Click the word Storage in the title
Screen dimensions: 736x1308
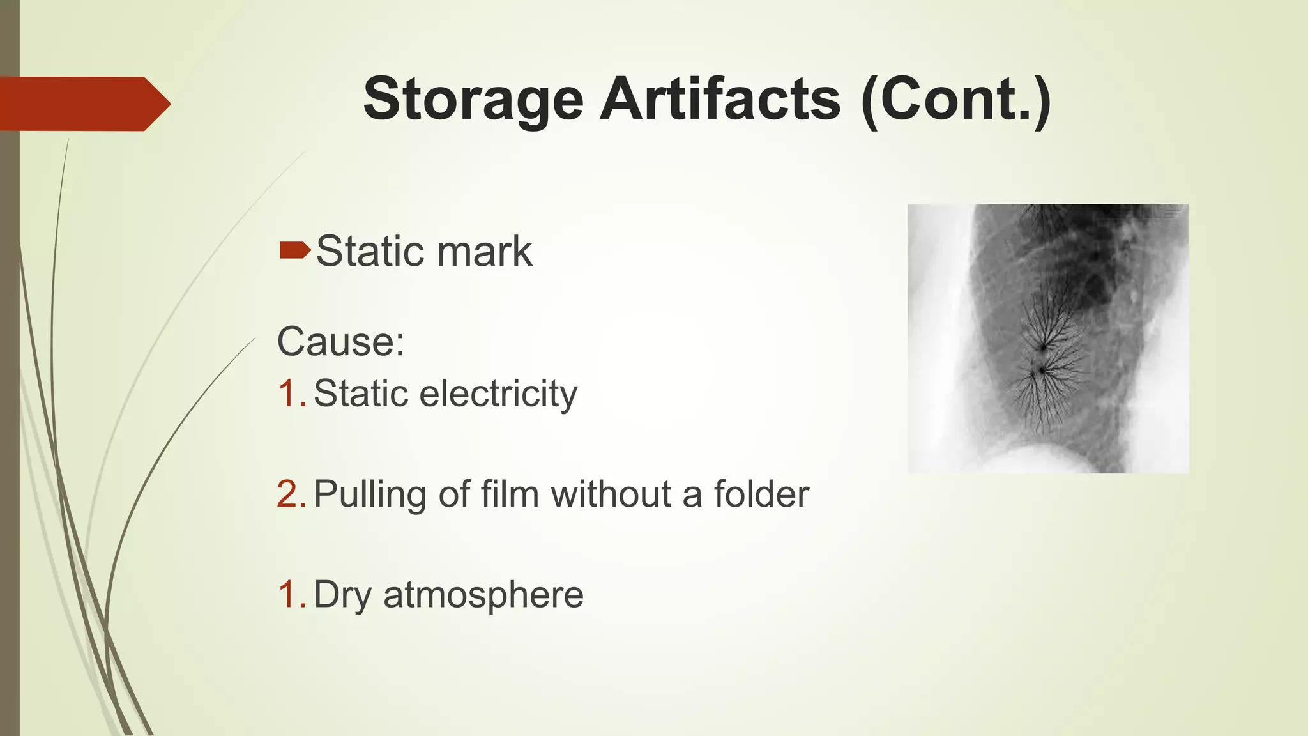(473, 100)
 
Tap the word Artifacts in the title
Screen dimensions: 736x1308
(720, 100)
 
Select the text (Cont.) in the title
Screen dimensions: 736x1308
(955, 100)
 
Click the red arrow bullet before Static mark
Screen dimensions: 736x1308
(294, 250)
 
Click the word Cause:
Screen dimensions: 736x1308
(340, 342)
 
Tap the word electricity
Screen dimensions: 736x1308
(498, 394)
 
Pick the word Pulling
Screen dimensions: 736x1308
(370, 495)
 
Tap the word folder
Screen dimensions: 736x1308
(761, 494)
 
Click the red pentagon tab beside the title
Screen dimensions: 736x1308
(83, 103)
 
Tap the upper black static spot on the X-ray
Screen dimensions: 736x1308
(1044, 348)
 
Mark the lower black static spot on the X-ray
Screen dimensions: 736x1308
(1041, 370)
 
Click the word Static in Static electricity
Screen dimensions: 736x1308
(360, 394)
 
